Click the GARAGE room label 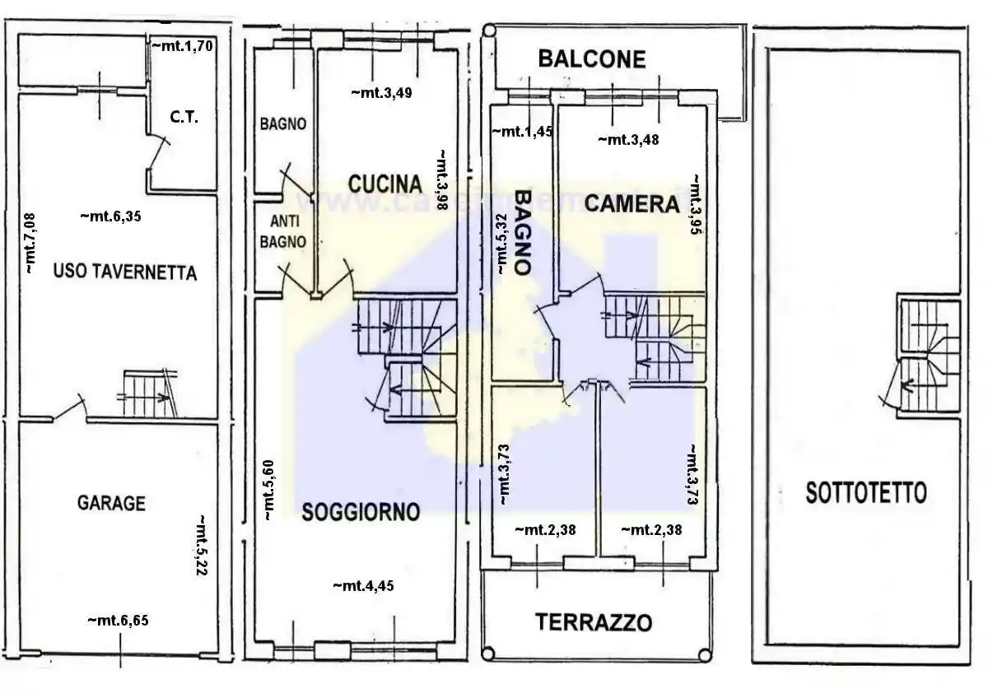111,503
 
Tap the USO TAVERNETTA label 125,272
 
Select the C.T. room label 184,118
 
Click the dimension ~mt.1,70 183,47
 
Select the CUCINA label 384,184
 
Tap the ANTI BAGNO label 282,231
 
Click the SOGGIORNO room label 361,512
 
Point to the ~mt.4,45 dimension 363,586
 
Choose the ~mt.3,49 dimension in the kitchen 381,93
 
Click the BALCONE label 591,58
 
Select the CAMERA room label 632,202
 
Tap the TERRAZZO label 594,622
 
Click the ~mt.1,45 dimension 521,132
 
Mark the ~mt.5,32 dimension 500,242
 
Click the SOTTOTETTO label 865,493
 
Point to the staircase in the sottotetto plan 929,356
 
